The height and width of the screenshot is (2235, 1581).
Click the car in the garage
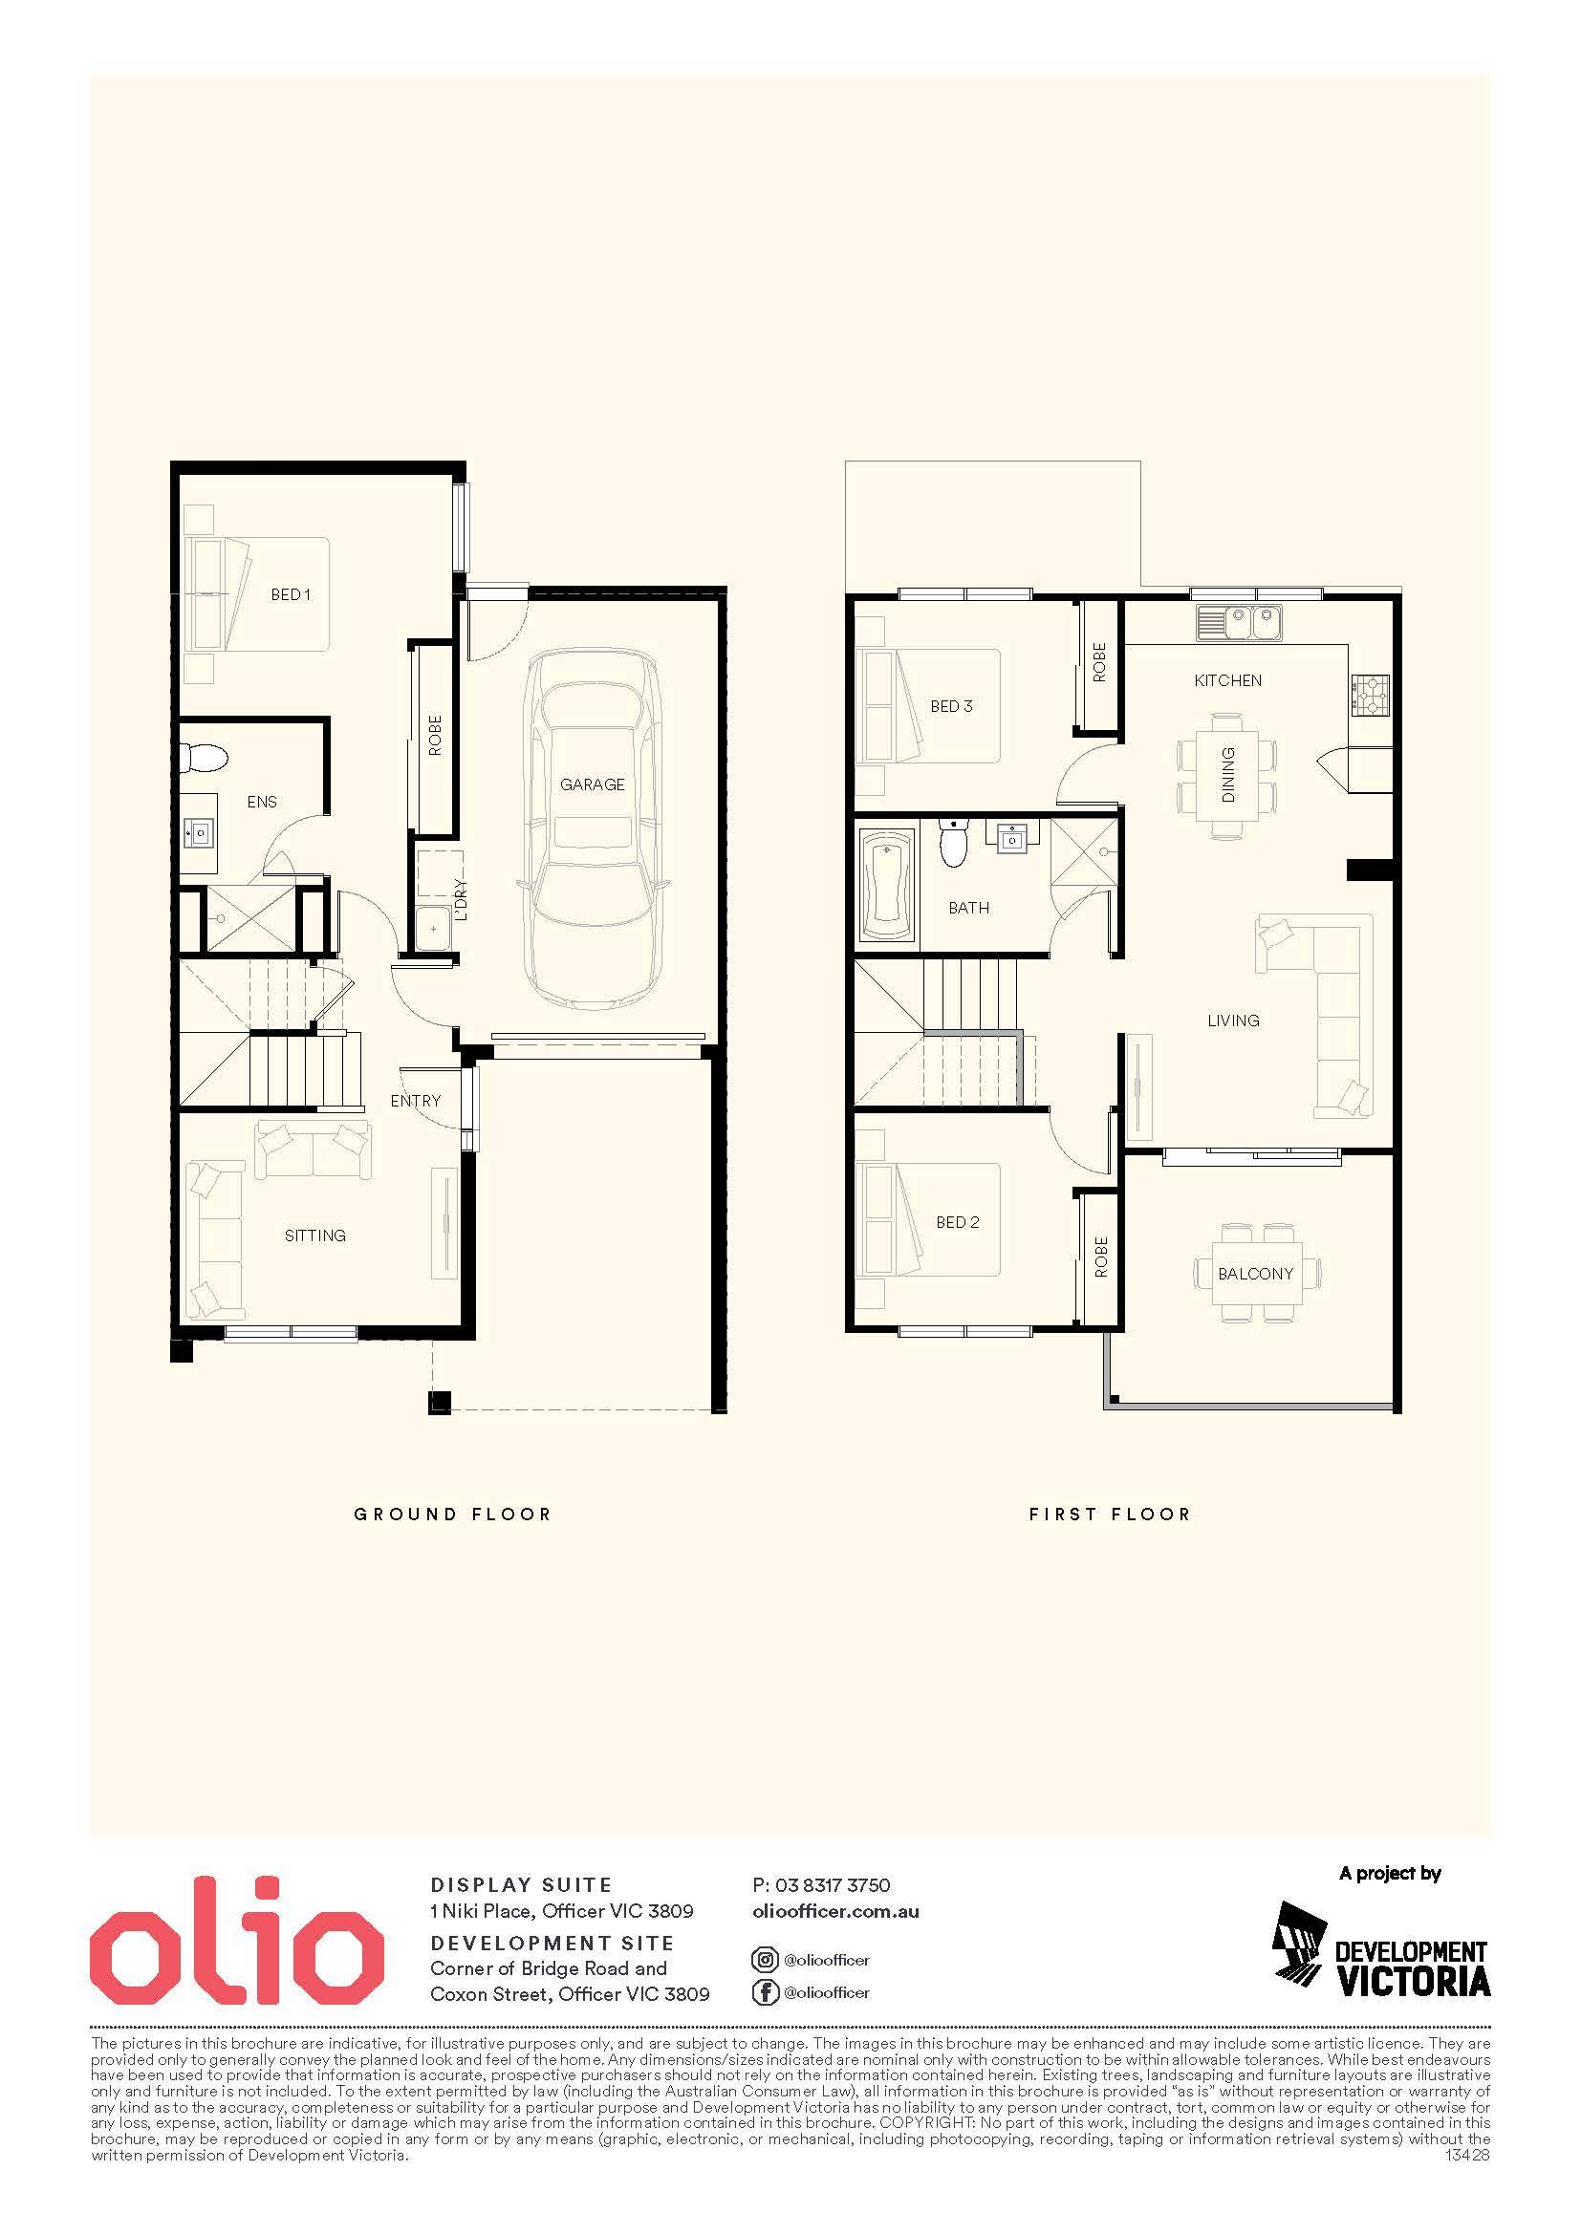592,829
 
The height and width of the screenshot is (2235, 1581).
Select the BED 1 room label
291,593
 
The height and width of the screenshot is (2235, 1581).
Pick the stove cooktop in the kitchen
1369,695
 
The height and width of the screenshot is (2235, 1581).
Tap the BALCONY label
1255,1273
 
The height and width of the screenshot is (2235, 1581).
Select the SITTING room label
314,1236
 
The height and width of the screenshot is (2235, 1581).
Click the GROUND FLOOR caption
453,1514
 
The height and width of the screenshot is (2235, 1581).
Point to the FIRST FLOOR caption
1110,1514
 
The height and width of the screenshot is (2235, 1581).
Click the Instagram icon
766,1960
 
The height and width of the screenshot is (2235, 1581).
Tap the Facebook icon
766,1992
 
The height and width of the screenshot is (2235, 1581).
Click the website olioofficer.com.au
836,1911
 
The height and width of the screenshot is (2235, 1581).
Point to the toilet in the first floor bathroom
953,841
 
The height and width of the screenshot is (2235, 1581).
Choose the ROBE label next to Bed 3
1099,662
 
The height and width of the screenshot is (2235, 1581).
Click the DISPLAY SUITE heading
521,1885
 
